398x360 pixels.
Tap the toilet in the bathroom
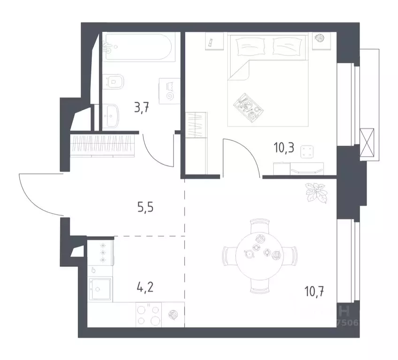tap(114, 82)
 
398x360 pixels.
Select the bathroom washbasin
tap(113, 114)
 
